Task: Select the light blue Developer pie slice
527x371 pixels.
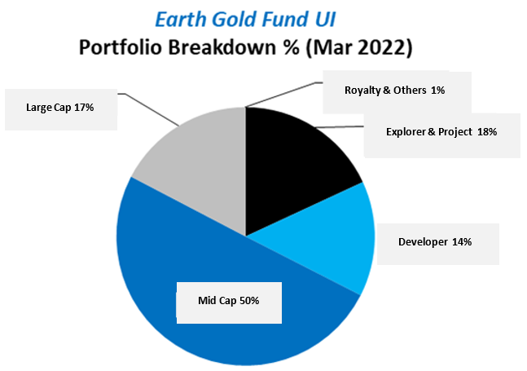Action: coord(326,236)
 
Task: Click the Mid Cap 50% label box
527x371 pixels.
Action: coord(228,301)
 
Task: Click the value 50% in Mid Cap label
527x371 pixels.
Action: coord(248,301)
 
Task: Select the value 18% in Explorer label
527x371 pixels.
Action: coord(487,130)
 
